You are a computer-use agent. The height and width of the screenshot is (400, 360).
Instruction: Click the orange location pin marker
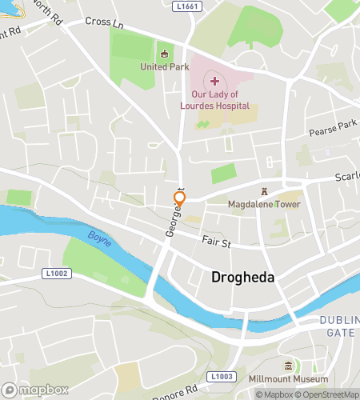pyautogui.click(x=180, y=200)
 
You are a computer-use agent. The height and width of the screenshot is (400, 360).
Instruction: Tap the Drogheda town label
pyautogui.click(x=243, y=278)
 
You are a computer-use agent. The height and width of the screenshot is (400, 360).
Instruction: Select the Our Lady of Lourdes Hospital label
pyautogui.click(x=214, y=100)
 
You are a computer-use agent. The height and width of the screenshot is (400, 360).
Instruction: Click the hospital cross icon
pyautogui.click(x=214, y=80)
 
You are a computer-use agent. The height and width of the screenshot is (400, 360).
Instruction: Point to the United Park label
pyautogui.click(x=163, y=66)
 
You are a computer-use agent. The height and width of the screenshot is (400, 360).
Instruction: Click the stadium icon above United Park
pyautogui.click(x=165, y=54)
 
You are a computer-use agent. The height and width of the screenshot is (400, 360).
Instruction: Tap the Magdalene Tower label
pyautogui.click(x=264, y=204)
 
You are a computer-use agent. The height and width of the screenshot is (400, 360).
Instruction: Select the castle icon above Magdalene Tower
pyautogui.click(x=264, y=191)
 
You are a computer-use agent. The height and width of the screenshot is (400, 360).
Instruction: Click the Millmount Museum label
pyautogui.click(x=295, y=378)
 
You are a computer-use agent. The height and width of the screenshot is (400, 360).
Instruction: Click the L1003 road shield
pyautogui.click(x=222, y=376)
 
